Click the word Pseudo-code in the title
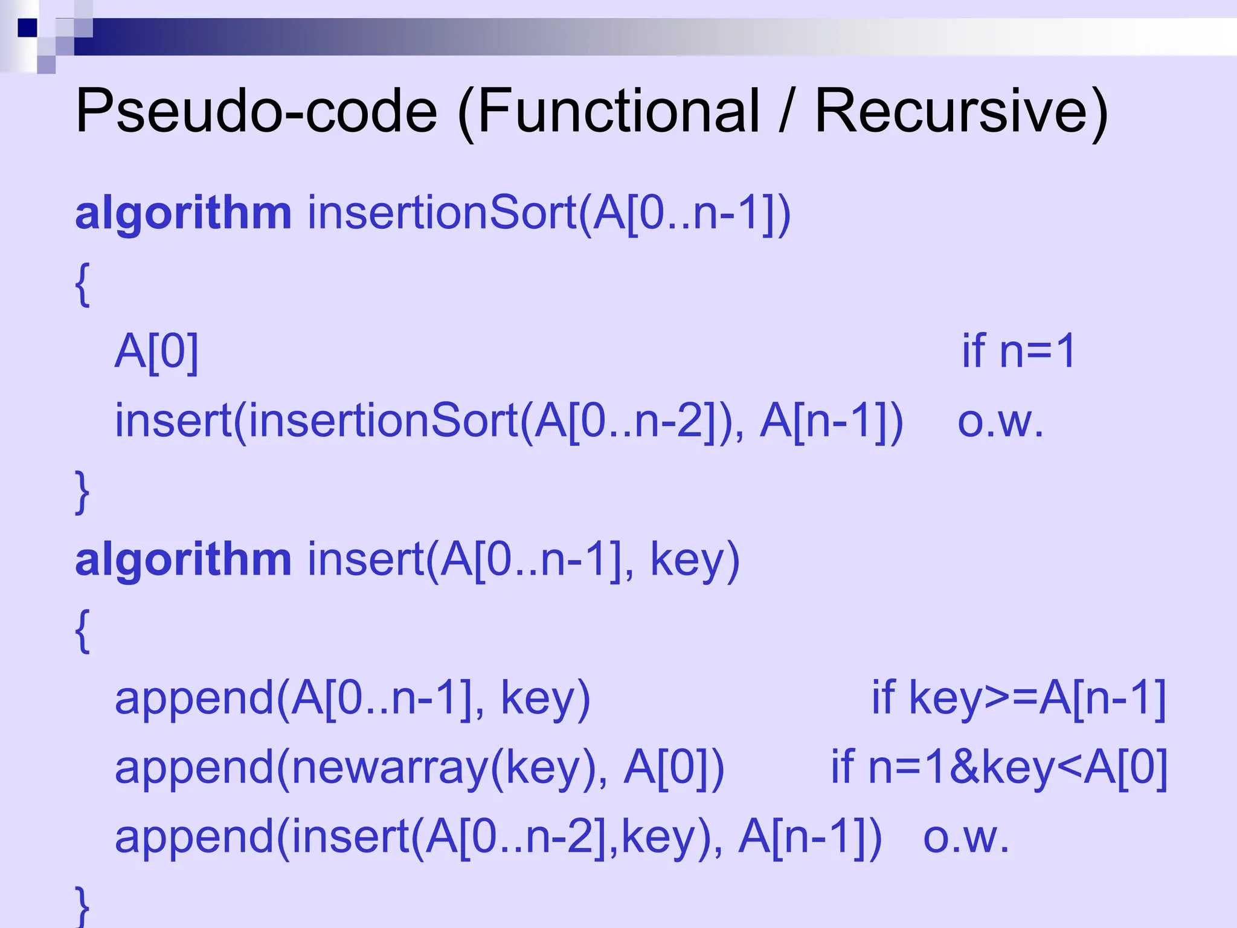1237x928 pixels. pyautogui.click(x=256, y=111)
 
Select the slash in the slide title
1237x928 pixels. pyautogui.click(x=785, y=111)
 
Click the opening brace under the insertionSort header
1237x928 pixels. pyautogui.click(x=83, y=284)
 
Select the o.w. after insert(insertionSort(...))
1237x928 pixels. pyautogui.click(x=1000, y=421)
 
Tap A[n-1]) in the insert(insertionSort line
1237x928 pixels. pyautogui.click(x=831, y=421)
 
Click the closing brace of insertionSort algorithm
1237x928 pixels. pyautogui.click(x=83, y=491)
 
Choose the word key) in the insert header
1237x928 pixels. pyautogui.click(x=695, y=561)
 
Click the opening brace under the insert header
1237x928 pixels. pyautogui.click(x=83, y=630)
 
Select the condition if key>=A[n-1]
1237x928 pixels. pyautogui.click(x=1018, y=698)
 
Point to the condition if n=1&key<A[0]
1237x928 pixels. pyautogui.click(x=999, y=768)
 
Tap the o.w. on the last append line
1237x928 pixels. pyautogui.click(x=966, y=837)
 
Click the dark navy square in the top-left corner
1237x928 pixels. pyautogui.click(x=27, y=28)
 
